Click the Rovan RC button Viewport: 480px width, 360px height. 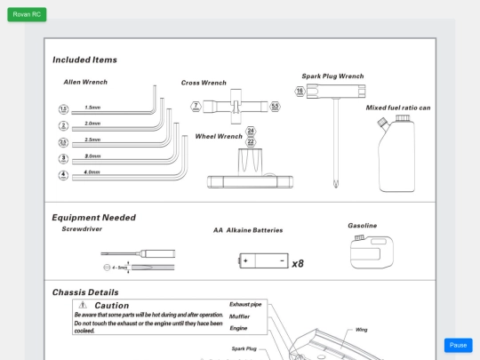click(27, 14)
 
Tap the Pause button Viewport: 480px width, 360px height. click(458, 345)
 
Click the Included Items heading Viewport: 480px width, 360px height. click(84, 60)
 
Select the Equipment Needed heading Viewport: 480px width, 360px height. click(93, 217)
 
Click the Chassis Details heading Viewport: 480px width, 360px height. click(84, 292)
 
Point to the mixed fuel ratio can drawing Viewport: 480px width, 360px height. click(396, 156)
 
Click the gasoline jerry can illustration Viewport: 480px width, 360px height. click(371, 252)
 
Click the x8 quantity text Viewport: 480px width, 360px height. click(298, 263)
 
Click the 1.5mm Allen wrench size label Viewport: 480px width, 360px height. click(92, 108)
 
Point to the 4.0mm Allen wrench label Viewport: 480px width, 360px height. click(92, 172)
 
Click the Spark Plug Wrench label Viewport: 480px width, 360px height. click(332, 76)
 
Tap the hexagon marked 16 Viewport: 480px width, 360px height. click(300, 91)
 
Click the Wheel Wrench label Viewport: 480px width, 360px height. click(218, 137)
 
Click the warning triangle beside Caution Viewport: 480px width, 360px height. click(83, 305)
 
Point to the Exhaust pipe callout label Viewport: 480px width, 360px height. click(245, 304)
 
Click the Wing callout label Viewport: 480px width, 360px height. click(361, 330)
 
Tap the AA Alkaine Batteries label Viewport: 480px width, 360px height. click(247, 230)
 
